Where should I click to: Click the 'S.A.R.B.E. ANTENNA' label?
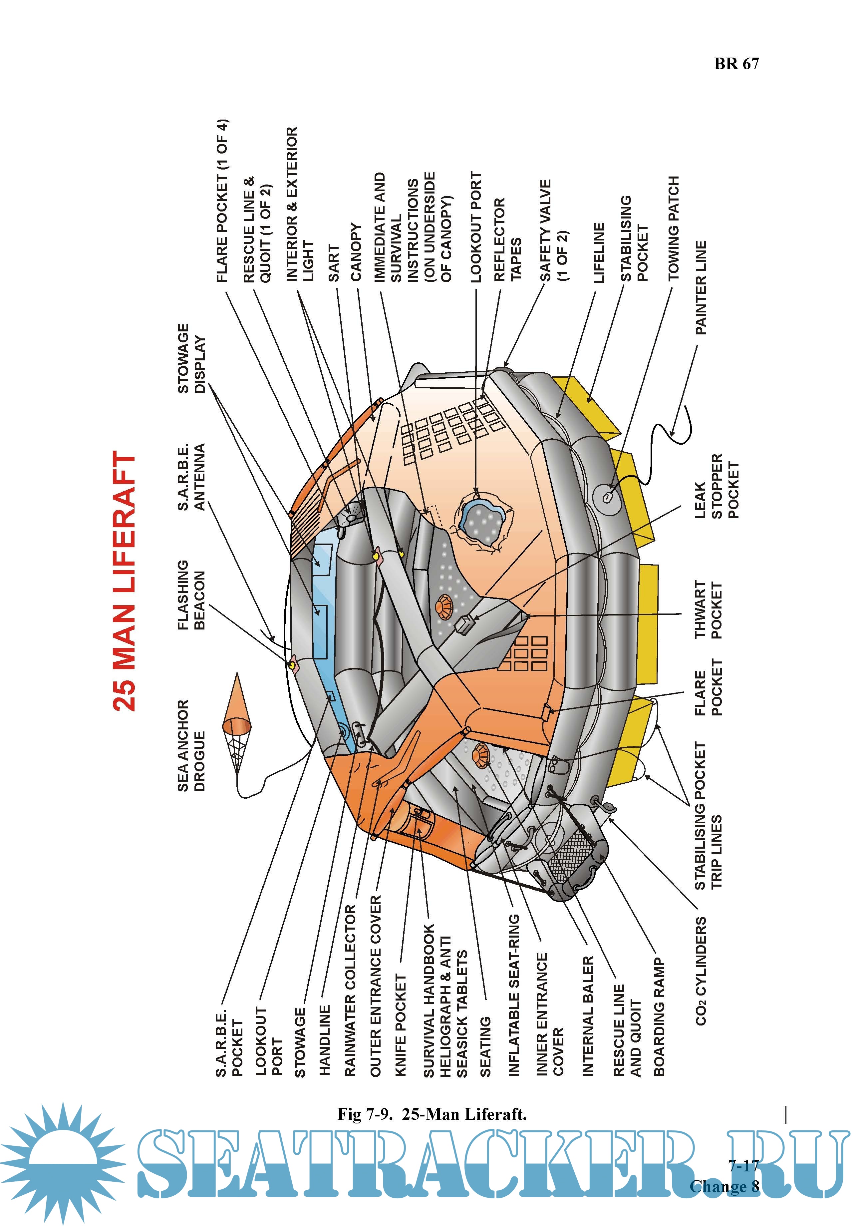[x=191, y=477]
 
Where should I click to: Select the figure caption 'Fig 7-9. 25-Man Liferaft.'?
[x=432, y=1114]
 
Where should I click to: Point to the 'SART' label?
[x=333, y=263]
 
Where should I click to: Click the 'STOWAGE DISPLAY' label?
[x=191, y=358]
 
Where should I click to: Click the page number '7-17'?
[x=743, y=1165]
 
